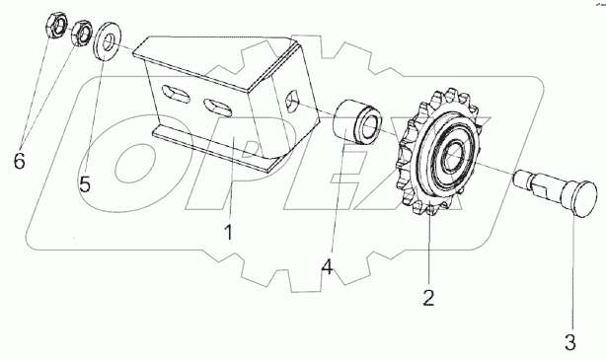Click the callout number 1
click(x=229, y=232)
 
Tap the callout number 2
click(x=428, y=298)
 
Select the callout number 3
click(x=570, y=342)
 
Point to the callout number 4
click(x=327, y=266)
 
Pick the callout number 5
click(x=85, y=183)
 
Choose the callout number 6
click(x=20, y=160)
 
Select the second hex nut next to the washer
click(x=82, y=33)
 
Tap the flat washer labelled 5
click(x=108, y=41)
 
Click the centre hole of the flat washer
click(x=110, y=41)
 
